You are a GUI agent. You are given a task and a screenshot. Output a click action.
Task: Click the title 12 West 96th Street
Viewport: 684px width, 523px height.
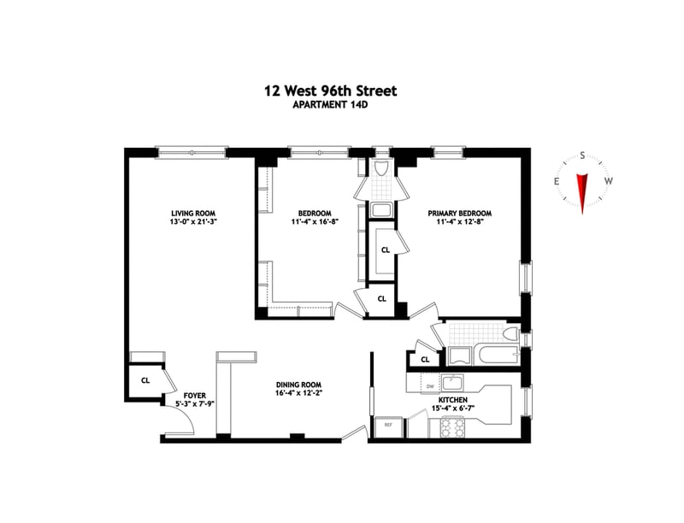pos(331,91)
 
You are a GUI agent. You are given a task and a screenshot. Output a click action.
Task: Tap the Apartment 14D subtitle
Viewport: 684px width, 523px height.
pos(330,105)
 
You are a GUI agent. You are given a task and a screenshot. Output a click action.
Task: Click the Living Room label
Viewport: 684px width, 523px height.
pos(193,213)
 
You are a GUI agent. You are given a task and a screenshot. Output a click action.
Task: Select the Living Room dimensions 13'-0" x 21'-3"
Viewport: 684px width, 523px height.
pos(193,221)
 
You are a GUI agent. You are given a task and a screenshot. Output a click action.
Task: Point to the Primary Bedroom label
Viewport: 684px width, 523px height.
pos(460,213)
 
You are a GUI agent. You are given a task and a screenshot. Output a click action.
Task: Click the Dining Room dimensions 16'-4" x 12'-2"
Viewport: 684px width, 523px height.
pos(298,393)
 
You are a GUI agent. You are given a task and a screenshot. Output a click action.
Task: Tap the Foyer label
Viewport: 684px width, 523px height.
pos(195,396)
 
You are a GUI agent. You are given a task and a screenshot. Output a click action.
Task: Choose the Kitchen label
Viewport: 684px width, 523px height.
pos(453,400)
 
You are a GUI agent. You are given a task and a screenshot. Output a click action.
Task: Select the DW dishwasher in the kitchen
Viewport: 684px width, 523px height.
pos(430,385)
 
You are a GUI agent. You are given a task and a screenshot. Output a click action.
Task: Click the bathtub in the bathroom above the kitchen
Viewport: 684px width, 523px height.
pos(497,356)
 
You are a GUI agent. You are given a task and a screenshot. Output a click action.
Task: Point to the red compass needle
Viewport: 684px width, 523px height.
pos(582,193)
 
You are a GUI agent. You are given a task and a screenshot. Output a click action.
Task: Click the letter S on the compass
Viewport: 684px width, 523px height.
pos(582,156)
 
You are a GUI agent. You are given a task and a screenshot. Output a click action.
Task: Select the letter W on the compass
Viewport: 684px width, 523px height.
pos(609,181)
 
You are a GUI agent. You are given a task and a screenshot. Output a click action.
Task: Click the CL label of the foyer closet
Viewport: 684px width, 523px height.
pos(145,380)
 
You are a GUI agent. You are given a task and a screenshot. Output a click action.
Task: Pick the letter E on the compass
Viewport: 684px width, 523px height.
pos(557,182)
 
